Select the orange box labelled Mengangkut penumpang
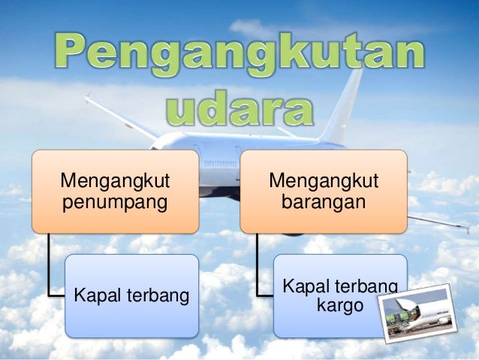pos(115,191)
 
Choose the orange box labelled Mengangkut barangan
pos(324,191)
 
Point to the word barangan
pos(324,202)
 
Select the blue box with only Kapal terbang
pos(131,295)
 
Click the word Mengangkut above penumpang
pos(115,181)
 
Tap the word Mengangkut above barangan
pos(324,181)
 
